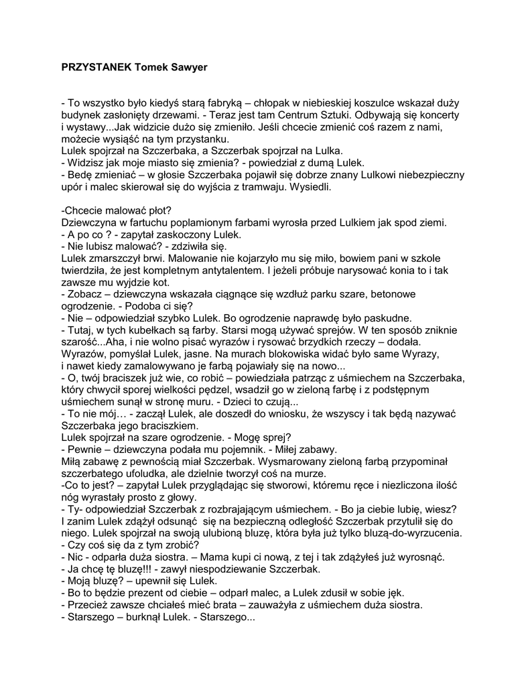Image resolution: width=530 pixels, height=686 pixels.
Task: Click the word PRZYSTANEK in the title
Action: point(96,68)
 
